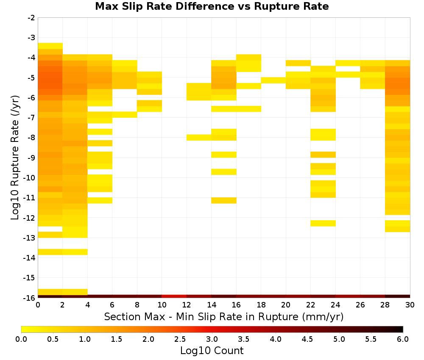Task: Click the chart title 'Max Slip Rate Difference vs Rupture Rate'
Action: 212,6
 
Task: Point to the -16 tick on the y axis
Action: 30,298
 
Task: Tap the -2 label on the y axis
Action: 31,18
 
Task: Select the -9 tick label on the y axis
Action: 31,158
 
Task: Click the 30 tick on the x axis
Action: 410,305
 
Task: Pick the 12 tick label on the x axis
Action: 187,305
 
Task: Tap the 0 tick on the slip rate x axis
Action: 38,305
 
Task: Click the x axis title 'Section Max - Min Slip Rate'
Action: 223,316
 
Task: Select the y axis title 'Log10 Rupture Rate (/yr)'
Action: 15,158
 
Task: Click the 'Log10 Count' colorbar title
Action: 212,351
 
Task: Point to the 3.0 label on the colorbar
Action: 212,339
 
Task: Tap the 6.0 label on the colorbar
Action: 403,339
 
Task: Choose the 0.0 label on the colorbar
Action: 21,339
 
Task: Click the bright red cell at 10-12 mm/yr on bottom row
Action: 174,296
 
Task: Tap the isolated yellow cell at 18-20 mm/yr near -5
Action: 273,80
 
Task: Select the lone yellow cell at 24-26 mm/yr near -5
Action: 348,75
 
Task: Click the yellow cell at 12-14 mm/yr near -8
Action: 199,138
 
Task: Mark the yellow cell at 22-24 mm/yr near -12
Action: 323,223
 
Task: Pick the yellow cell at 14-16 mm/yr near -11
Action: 224,200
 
